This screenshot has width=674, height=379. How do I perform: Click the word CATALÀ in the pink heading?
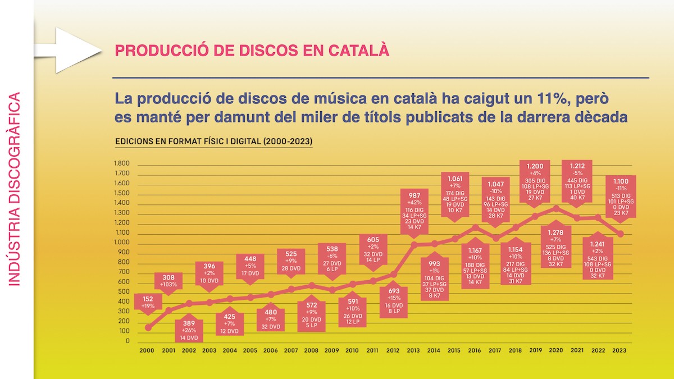[361, 51]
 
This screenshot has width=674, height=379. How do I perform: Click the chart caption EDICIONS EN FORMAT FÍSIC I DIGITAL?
[213, 141]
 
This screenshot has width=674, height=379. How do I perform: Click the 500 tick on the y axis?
[123, 292]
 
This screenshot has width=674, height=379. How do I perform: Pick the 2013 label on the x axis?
[413, 350]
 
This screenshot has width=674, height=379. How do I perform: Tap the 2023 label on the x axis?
[620, 350]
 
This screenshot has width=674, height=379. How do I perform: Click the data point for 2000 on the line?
[148, 327]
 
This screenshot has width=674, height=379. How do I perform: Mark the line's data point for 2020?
[556, 208]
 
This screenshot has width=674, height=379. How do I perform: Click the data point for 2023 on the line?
[621, 234]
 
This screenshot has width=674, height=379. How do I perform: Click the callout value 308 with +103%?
[169, 277]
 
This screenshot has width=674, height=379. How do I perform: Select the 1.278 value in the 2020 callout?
[557, 232]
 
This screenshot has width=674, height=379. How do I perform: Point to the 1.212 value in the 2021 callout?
[577, 166]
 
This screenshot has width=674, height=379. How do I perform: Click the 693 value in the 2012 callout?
[393, 291]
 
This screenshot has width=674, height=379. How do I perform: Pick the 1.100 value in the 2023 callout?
[620, 181]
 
